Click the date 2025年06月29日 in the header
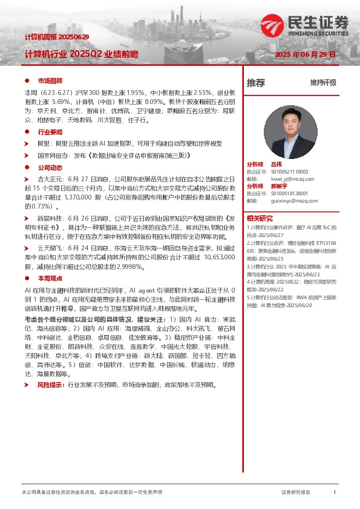(x=305, y=54)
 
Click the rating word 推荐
(x=256, y=83)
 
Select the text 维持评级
(x=323, y=83)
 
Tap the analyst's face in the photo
(x=290, y=121)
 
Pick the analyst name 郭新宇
(x=279, y=186)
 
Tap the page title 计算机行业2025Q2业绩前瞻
(x=81, y=54)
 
